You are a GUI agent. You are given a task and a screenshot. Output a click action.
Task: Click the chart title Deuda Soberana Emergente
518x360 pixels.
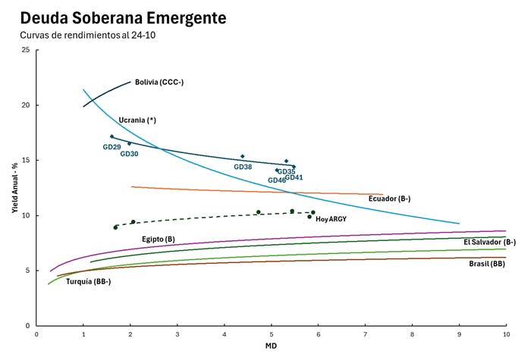(x=122, y=17)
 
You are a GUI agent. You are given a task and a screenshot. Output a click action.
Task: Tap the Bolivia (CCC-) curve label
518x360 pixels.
(x=159, y=82)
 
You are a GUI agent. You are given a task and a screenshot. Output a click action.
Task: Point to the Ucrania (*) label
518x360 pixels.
(x=137, y=121)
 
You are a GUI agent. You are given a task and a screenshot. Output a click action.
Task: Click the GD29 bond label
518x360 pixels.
(x=111, y=147)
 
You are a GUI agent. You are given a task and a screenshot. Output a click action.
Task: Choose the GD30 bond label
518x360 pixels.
(x=130, y=154)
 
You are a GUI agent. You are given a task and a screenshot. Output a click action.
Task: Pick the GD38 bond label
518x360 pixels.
(x=243, y=167)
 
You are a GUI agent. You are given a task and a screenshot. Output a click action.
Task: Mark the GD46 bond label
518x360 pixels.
(x=276, y=180)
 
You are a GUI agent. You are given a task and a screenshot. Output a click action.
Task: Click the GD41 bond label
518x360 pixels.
(x=294, y=177)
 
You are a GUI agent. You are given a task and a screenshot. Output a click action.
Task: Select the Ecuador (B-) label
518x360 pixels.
(x=389, y=199)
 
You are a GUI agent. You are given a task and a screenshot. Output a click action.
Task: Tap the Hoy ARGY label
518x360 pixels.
(x=331, y=219)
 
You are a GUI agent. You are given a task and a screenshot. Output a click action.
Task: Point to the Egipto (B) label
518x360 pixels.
(x=159, y=239)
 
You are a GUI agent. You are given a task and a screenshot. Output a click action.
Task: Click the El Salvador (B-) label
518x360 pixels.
(x=489, y=242)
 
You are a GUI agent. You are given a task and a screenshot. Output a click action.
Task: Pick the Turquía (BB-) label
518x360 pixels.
(x=89, y=281)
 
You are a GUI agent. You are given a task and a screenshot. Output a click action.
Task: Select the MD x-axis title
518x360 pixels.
(x=271, y=346)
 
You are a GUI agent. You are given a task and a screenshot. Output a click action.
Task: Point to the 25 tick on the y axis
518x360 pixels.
(x=27, y=50)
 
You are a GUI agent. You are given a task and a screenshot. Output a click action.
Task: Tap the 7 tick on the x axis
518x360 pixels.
(x=365, y=333)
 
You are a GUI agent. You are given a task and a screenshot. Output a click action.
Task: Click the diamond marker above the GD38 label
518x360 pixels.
(x=243, y=156)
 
